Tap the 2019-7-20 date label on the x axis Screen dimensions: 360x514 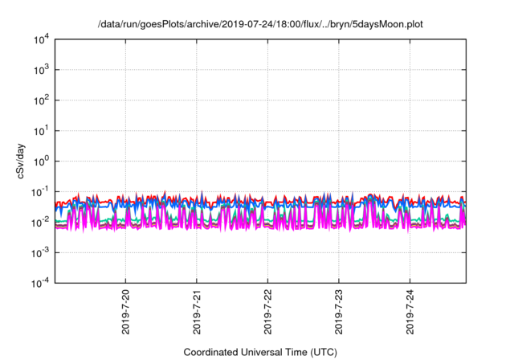(126, 311)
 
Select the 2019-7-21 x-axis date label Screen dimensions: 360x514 (197, 311)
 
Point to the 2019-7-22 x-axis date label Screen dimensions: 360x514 (268, 311)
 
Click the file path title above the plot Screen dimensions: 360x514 (260, 25)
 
